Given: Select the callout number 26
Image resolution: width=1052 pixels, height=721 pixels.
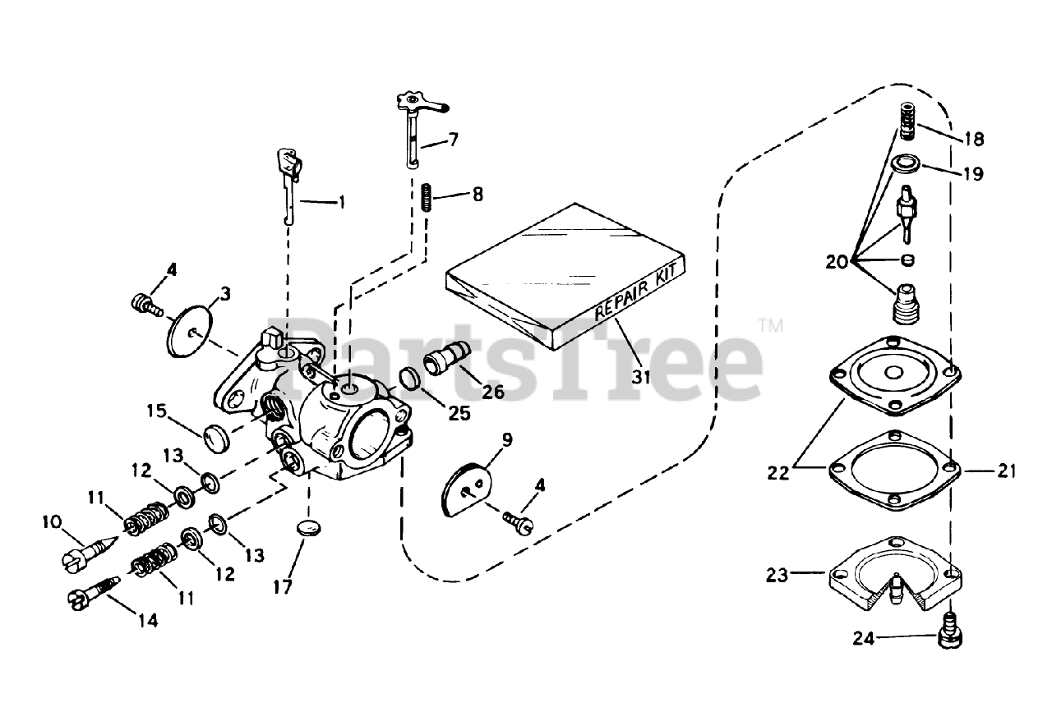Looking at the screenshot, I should [493, 393].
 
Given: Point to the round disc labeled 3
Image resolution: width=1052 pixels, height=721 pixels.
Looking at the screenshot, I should [191, 331].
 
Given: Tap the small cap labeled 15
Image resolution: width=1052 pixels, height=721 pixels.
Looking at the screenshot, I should [216, 437].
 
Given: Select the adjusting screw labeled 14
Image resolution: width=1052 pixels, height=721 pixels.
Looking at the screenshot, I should [90, 598].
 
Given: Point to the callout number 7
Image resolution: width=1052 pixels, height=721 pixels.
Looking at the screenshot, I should [453, 140].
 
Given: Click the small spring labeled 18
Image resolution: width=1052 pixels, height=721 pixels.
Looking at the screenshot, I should [907, 120].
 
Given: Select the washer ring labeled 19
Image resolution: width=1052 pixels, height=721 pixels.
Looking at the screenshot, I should [905, 164].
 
